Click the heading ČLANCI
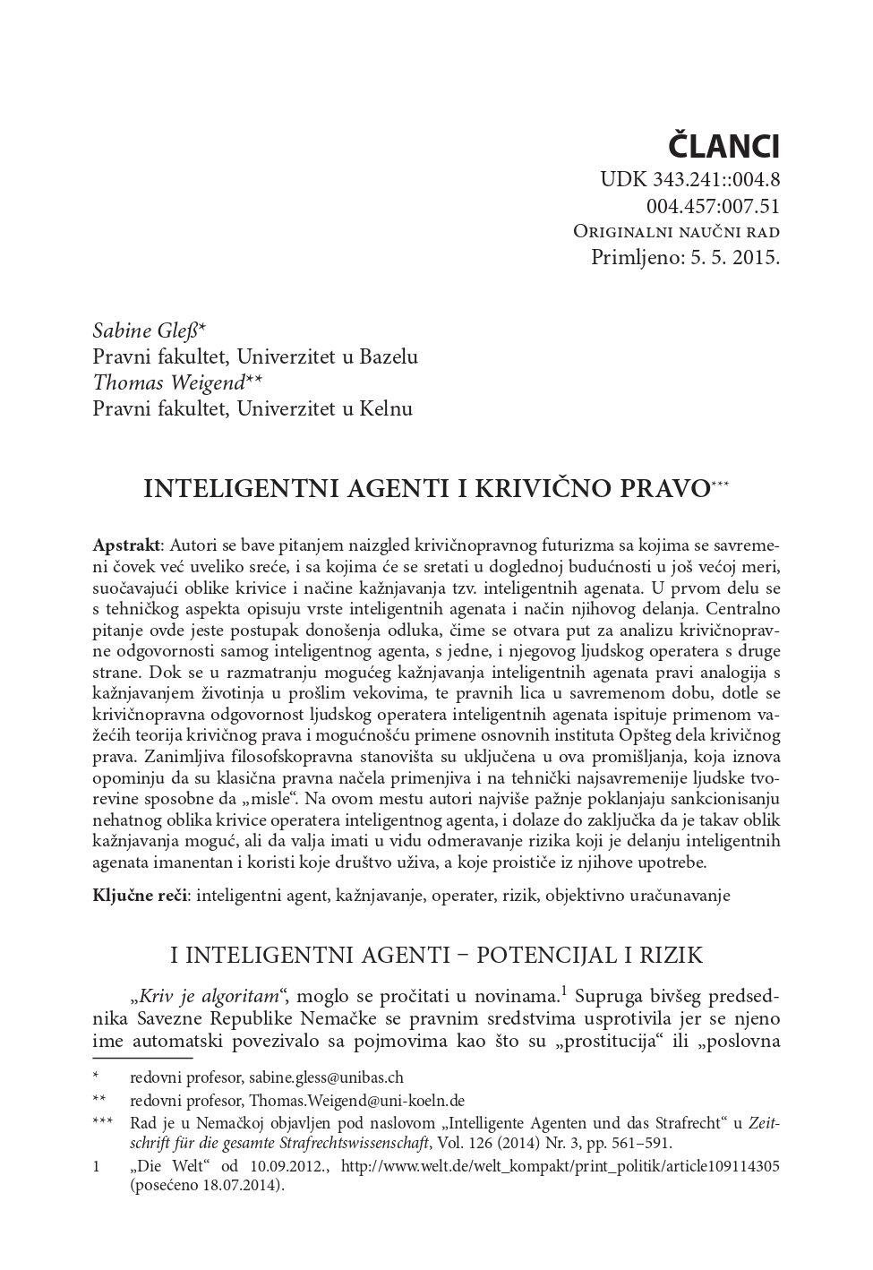pos(724,146)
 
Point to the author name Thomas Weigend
pos(168,382)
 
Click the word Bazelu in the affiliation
pos(388,356)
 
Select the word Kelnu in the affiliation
pos(385,409)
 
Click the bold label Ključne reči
pos(140,895)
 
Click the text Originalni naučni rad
pos(676,232)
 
